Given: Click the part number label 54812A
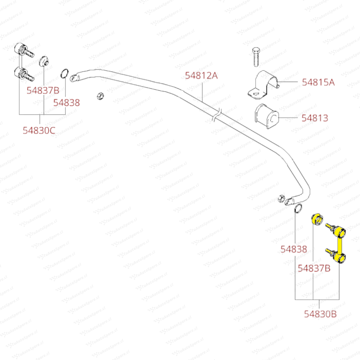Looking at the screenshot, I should [x=201, y=76].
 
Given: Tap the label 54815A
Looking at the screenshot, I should [x=318, y=82].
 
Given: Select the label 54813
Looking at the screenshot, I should [x=315, y=118].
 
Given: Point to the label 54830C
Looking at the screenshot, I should [x=39, y=130].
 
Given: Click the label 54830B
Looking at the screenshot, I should [x=320, y=314].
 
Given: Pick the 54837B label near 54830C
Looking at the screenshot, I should [x=43, y=90].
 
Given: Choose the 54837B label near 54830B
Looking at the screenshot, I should [x=314, y=268].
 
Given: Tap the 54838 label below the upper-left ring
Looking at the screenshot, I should [x=67, y=103].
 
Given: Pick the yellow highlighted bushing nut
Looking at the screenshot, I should [x=316, y=219].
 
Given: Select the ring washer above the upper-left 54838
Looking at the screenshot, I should [x=65, y=73].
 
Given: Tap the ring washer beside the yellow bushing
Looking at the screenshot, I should [x=298, y=208].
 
